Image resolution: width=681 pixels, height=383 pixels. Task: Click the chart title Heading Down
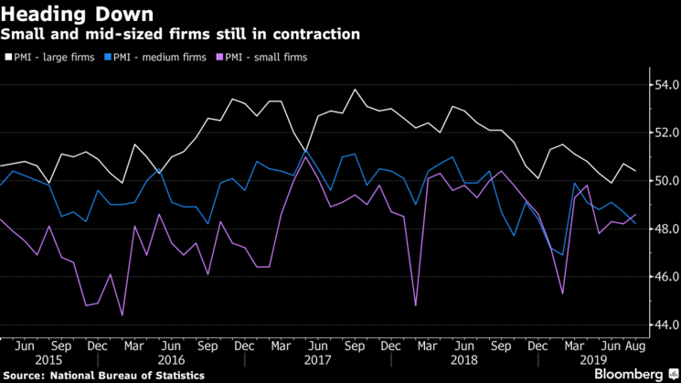pyautogui.click(x=77, y=14)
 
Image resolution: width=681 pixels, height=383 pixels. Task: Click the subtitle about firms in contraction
pyautogui.click(x=180, y=35)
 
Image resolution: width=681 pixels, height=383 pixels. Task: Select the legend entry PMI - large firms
pyautogui.click(x=54, y=57)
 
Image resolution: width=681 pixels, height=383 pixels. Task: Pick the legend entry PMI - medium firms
pyautogui.click(x=153, y=57)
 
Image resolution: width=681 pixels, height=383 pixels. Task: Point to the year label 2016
pyautogui.click(x=170, y=360)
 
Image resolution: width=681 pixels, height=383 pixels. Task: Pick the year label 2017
pyautogui.click(x=315, y=360)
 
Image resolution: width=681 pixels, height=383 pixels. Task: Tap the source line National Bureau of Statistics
pyautogui.click(x=100, y=375)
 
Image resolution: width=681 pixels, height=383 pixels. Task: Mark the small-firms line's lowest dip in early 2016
pyautogui.click(x=122, y=315)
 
